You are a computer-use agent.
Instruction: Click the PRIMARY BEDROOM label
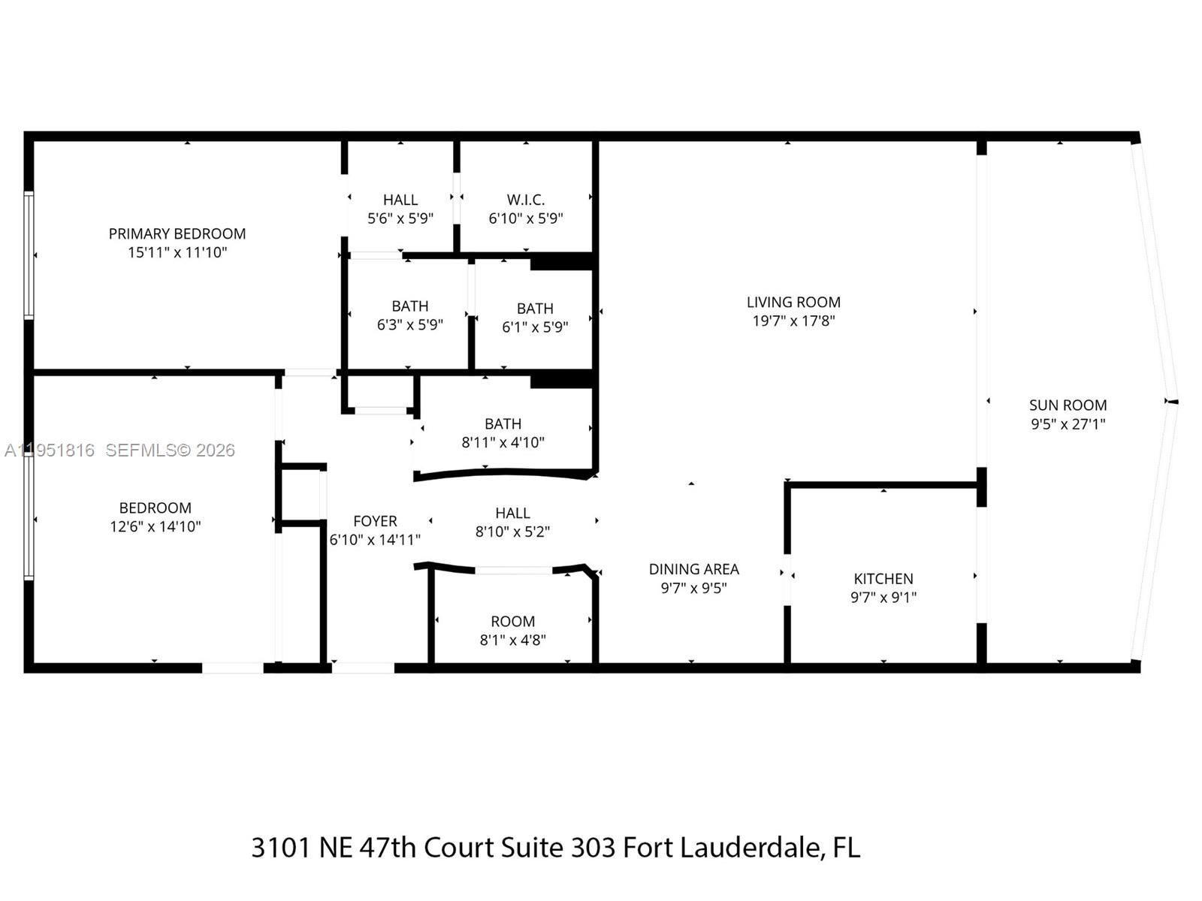(177, 234)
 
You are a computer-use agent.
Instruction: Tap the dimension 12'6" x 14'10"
(156, 526)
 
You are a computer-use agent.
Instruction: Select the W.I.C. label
(525, 200)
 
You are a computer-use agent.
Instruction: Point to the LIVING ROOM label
(793, 302)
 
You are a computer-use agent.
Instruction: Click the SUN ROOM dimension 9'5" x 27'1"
(1068, 423)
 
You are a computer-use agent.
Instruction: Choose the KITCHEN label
(883, 579)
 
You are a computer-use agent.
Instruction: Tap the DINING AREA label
(693, 569)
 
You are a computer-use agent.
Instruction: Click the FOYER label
(375, 521)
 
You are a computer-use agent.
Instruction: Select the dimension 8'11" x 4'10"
(503, 442)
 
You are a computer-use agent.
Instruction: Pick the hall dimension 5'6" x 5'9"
(400, 218)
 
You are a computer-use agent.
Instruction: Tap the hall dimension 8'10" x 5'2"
(512, 532)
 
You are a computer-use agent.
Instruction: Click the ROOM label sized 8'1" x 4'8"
(512, 622)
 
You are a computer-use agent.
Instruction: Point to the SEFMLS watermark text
(143, 450)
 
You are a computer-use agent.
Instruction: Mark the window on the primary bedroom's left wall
(29, 255)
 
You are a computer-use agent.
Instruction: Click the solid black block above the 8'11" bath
(562, 379)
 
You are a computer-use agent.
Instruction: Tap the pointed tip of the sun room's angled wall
(1175, 402)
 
